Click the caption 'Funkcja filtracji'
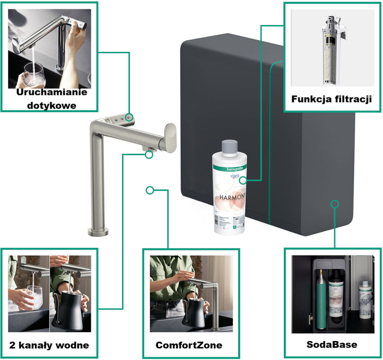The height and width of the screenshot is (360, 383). coord(331,99)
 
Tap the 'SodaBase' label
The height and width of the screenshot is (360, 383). coord(332,344)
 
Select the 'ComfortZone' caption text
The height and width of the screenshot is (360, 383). coord(189,345)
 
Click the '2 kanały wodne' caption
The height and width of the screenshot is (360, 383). coord(48,345)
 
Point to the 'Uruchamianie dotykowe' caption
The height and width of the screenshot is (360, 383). coord(51,98)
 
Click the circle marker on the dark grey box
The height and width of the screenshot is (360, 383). coord(335,204)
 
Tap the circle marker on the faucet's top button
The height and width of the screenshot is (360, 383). coord(129,117)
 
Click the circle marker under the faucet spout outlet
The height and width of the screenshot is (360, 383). coord(149,154)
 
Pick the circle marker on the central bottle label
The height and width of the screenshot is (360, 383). coord(244,180)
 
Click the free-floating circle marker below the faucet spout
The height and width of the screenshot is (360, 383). coord(150,190)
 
